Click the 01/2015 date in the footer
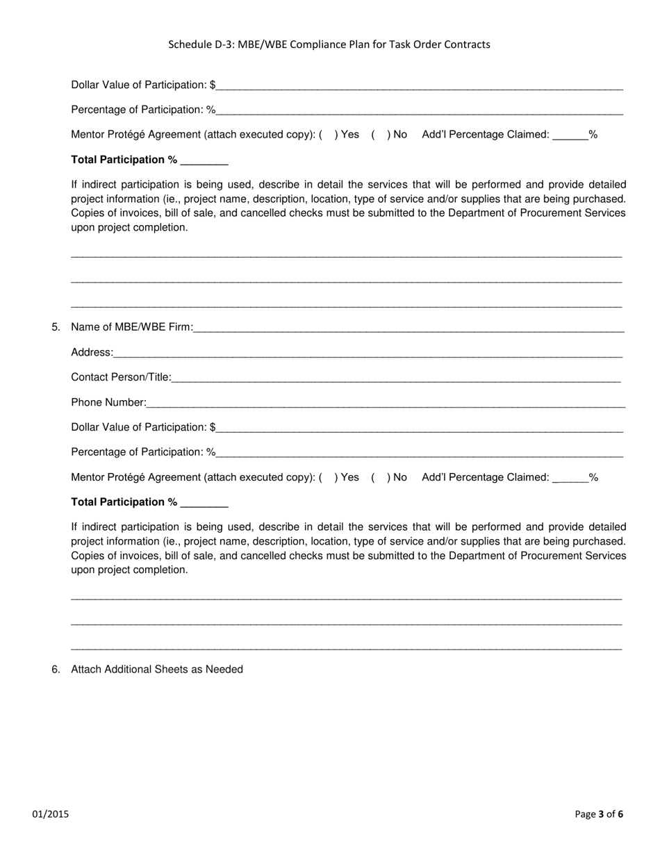[50, 815]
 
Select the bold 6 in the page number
[620, 815]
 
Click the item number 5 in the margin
[56, 327]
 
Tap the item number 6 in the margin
[56, 670]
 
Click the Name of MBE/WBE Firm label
[131, 327]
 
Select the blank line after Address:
[368, 354]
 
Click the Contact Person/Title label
[121, 377]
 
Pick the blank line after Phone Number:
[386, 404]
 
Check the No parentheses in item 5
[380, 477]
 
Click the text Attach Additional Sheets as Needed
[157, 670]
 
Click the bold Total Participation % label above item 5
[124, 160]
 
